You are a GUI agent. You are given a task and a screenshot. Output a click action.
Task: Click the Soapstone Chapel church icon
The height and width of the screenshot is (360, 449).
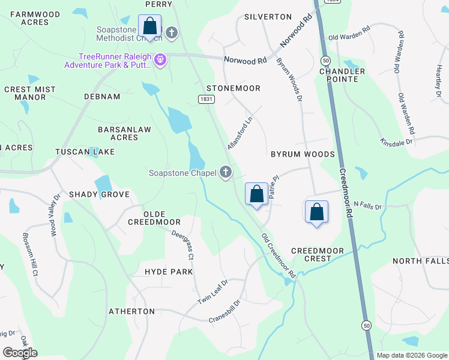(x=226, y=173)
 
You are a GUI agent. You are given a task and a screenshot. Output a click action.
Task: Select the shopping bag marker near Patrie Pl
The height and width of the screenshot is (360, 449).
(x=256, y=194)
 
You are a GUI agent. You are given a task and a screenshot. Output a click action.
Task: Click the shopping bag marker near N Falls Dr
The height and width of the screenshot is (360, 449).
(x=316, y=212)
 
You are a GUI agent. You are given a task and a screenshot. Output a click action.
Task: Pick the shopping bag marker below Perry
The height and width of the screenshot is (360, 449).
(x=149, y=26)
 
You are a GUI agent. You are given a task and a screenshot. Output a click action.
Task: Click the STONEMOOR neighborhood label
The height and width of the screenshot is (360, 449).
(x=234, y=88)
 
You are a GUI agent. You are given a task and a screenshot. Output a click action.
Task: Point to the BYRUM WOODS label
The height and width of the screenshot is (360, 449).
(x=302, y=154)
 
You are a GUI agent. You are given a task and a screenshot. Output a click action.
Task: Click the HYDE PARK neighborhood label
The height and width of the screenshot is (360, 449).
(x=169, y=272)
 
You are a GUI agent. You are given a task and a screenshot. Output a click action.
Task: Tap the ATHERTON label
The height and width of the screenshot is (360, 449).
(x=131, y=311)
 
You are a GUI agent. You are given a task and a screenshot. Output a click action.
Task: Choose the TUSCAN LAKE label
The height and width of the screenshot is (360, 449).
(x=85, y=152)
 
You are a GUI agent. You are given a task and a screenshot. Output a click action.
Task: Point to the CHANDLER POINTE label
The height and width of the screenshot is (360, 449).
(x=342, y=76)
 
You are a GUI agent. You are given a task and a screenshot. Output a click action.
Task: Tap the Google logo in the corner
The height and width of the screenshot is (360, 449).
(x=20, y=353)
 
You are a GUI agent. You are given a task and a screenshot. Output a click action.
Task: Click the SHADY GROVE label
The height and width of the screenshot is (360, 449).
(x=99, y=194)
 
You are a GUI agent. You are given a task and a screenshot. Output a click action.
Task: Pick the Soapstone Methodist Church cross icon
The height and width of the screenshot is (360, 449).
(x=172, y=32)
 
